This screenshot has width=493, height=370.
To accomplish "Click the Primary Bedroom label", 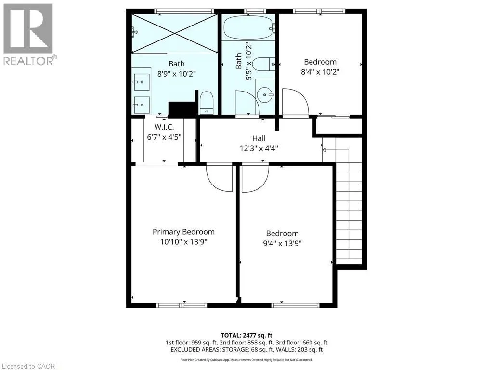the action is [x=183, y=232].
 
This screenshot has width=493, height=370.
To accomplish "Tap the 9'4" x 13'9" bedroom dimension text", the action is [x=282, y=243].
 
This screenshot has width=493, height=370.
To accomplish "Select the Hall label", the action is [x=259, y=138].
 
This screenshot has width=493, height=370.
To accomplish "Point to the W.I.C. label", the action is [x=164, y=127].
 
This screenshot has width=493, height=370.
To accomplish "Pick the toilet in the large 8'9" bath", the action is [x=207, y=103].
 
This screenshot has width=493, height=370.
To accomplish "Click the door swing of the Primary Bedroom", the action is [x=220, y=177].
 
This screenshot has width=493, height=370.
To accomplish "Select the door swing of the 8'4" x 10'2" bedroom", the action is [x=296, y=102].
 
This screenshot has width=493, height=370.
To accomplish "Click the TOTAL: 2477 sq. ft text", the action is [x=246, y=335].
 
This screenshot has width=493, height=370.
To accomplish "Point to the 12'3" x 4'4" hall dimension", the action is [x=259, y=148].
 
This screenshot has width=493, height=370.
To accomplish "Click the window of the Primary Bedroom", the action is [x=182, y=305].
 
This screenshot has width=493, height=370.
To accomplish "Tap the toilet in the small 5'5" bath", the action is [x=264, y=64].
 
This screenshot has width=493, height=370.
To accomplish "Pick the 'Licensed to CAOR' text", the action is [x=27, y=366].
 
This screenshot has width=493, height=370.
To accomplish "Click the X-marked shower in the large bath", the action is [x=174, y=33].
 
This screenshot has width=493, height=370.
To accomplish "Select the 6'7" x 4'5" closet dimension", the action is [x=164, y=137].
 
